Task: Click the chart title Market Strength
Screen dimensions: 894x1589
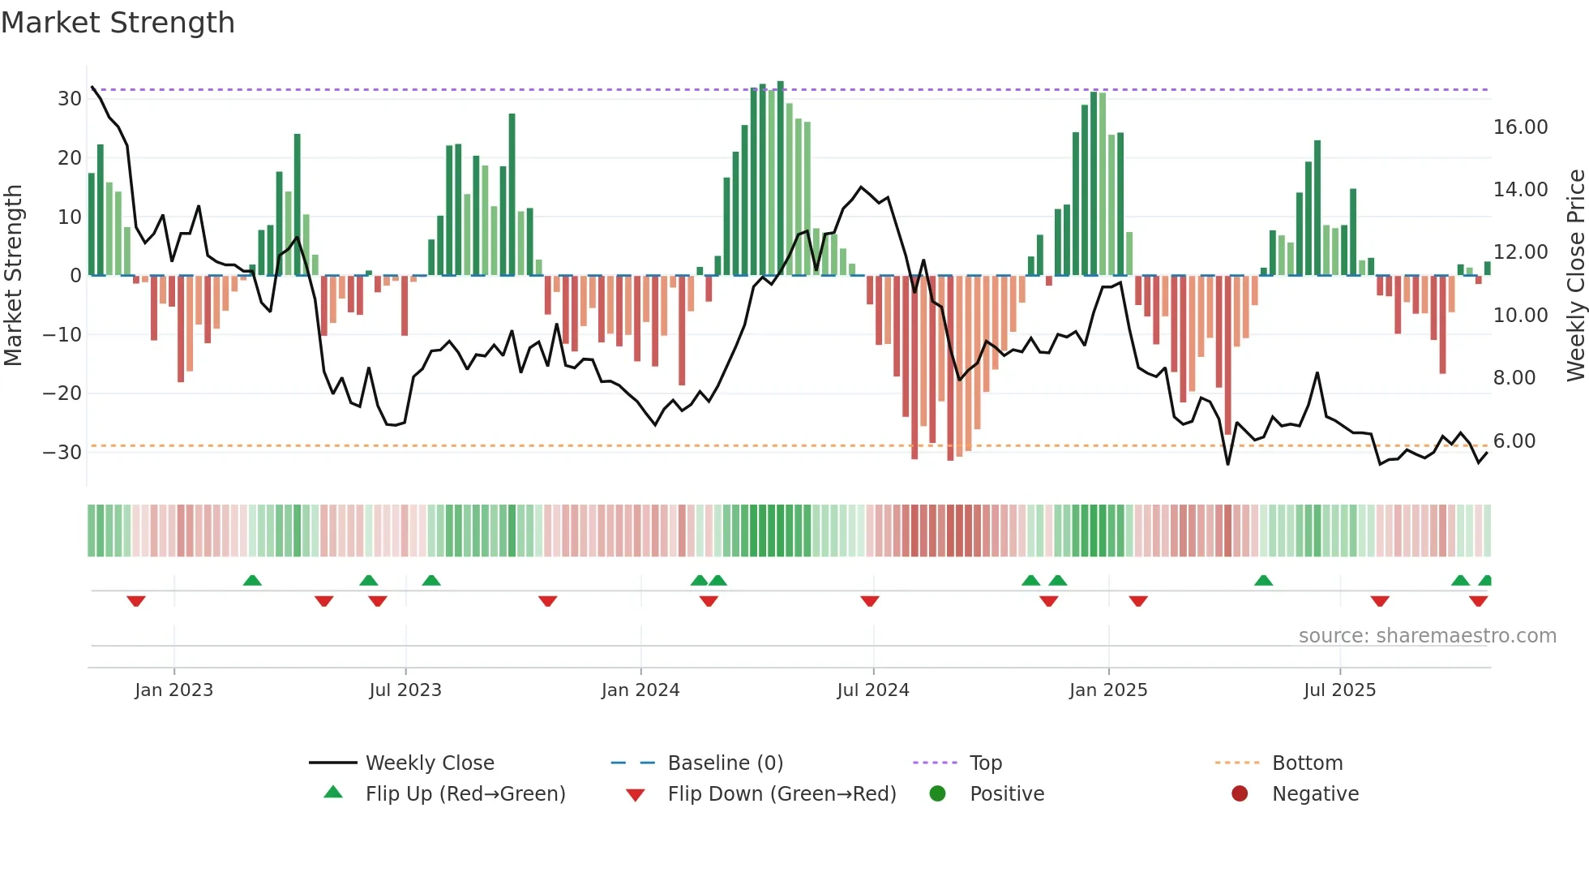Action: point(118,23)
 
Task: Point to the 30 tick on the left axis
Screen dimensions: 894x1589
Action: point(70,99)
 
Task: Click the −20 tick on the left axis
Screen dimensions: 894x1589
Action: point(62,393)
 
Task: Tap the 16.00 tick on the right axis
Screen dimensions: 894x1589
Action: point(1520,127)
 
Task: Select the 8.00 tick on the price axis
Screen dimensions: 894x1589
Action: point(1514,378)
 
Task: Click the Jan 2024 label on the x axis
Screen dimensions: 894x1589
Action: point(640,690)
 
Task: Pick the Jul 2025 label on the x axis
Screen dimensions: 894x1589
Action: point(1339,690)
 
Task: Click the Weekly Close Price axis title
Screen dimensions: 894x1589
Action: point(1575,276)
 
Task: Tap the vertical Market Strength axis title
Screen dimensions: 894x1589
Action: point(13,276)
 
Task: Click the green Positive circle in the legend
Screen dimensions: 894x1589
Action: point(938,794)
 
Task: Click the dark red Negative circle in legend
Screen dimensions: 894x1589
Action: point(1240,794)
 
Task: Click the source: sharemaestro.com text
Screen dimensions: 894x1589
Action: point(1427,636)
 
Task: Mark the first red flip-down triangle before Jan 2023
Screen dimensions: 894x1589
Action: point(136,601)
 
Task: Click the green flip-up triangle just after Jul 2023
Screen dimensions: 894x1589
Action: point(431,580)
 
